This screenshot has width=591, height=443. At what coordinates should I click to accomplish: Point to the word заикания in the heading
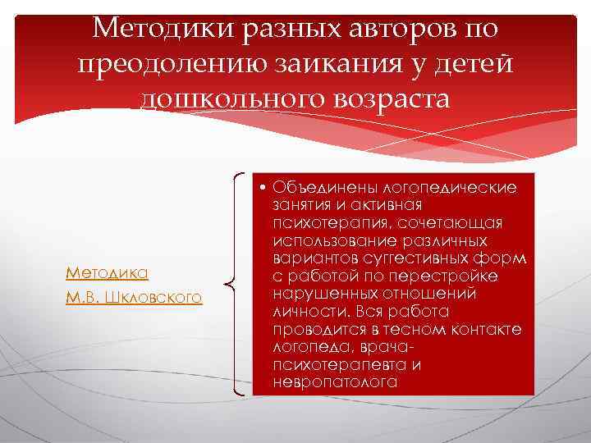coord(348,63)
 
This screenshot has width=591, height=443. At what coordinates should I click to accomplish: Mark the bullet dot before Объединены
coord(259,188)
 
